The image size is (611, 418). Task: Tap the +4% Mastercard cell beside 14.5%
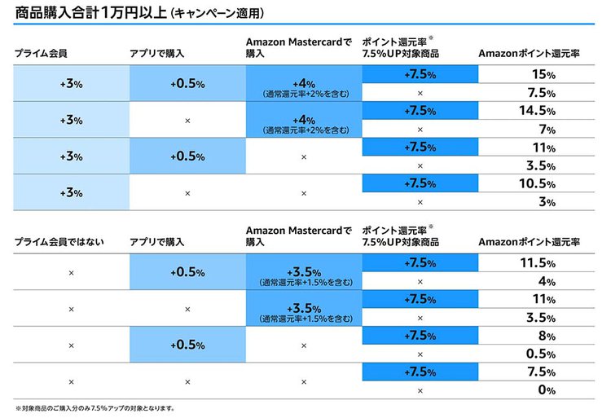(304, 121)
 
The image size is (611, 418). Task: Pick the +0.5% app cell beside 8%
(187, 345)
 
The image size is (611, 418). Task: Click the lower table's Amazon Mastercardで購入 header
(298, 236)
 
